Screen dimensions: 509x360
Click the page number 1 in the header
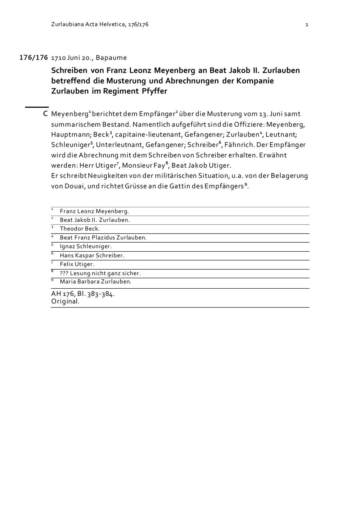click(x=307, y=24)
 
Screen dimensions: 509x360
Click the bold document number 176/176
click(x=33, y=58)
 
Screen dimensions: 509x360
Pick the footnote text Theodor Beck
click(x=80, y=229)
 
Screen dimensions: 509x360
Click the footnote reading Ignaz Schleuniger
click(x=86, y=247)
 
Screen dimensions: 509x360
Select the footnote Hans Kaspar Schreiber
click(x=92, y=256)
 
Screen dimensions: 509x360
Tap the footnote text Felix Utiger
click(x=77, y=264)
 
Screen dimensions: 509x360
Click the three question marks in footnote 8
click(x=64, y=273)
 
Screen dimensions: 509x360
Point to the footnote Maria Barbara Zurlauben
click(x=95, y=282)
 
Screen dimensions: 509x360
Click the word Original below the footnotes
click(x=65, y=302)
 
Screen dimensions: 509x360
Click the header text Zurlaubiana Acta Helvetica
click(x=89, y=24)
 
